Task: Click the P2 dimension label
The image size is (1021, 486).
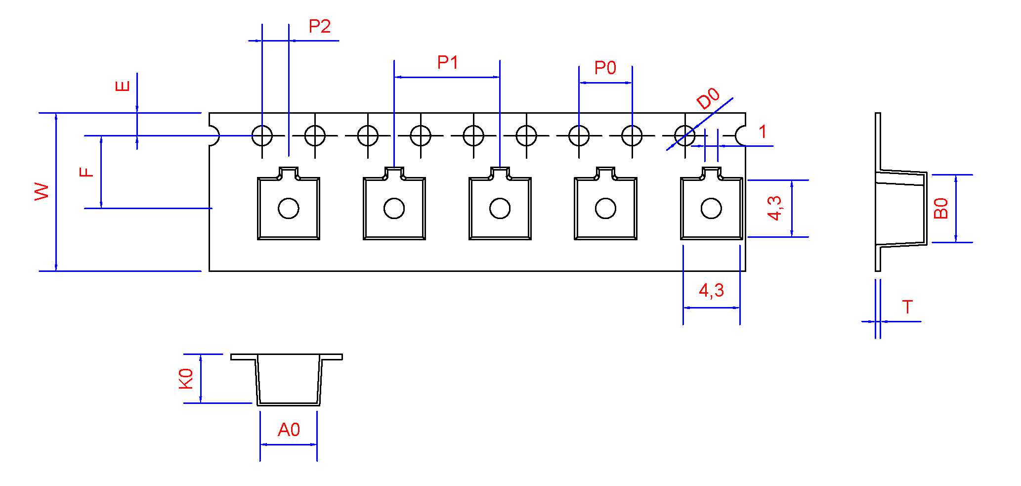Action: point(319,26)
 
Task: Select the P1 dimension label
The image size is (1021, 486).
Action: point(447,63)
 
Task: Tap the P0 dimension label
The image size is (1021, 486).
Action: point(605,68)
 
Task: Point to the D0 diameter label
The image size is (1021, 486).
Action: point(708,98)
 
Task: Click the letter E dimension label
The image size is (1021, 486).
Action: point(123,86)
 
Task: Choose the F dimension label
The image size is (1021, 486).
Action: point(86,172)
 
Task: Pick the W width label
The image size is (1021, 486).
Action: point(42,191)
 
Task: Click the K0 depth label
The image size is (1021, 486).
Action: point(186,379)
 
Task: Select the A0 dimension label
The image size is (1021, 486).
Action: point(289,430)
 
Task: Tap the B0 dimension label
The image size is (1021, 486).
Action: point(940,208)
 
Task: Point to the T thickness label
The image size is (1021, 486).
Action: point(907,307)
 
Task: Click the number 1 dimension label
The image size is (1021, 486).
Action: point(763,132)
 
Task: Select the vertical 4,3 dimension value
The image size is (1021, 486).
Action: point(774,208)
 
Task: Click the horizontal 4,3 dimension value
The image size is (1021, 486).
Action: point(711,290)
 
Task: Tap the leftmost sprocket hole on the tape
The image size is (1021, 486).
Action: point(262,135)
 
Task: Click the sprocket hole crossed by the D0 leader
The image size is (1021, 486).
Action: point(684,135)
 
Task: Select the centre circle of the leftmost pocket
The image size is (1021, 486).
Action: point(289,209)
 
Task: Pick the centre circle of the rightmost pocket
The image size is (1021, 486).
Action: point(711,209)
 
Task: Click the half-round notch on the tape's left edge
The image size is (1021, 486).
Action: point(214,135)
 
